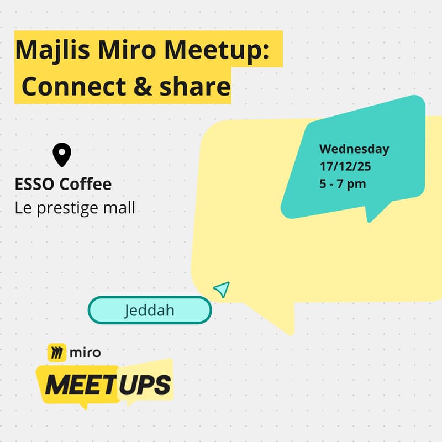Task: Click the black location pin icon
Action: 62,155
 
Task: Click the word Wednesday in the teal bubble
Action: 354,149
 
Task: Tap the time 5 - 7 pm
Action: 343,183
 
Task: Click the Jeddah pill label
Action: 149,310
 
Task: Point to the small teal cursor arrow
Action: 222,289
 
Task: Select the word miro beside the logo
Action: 85,351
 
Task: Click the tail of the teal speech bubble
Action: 376,213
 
